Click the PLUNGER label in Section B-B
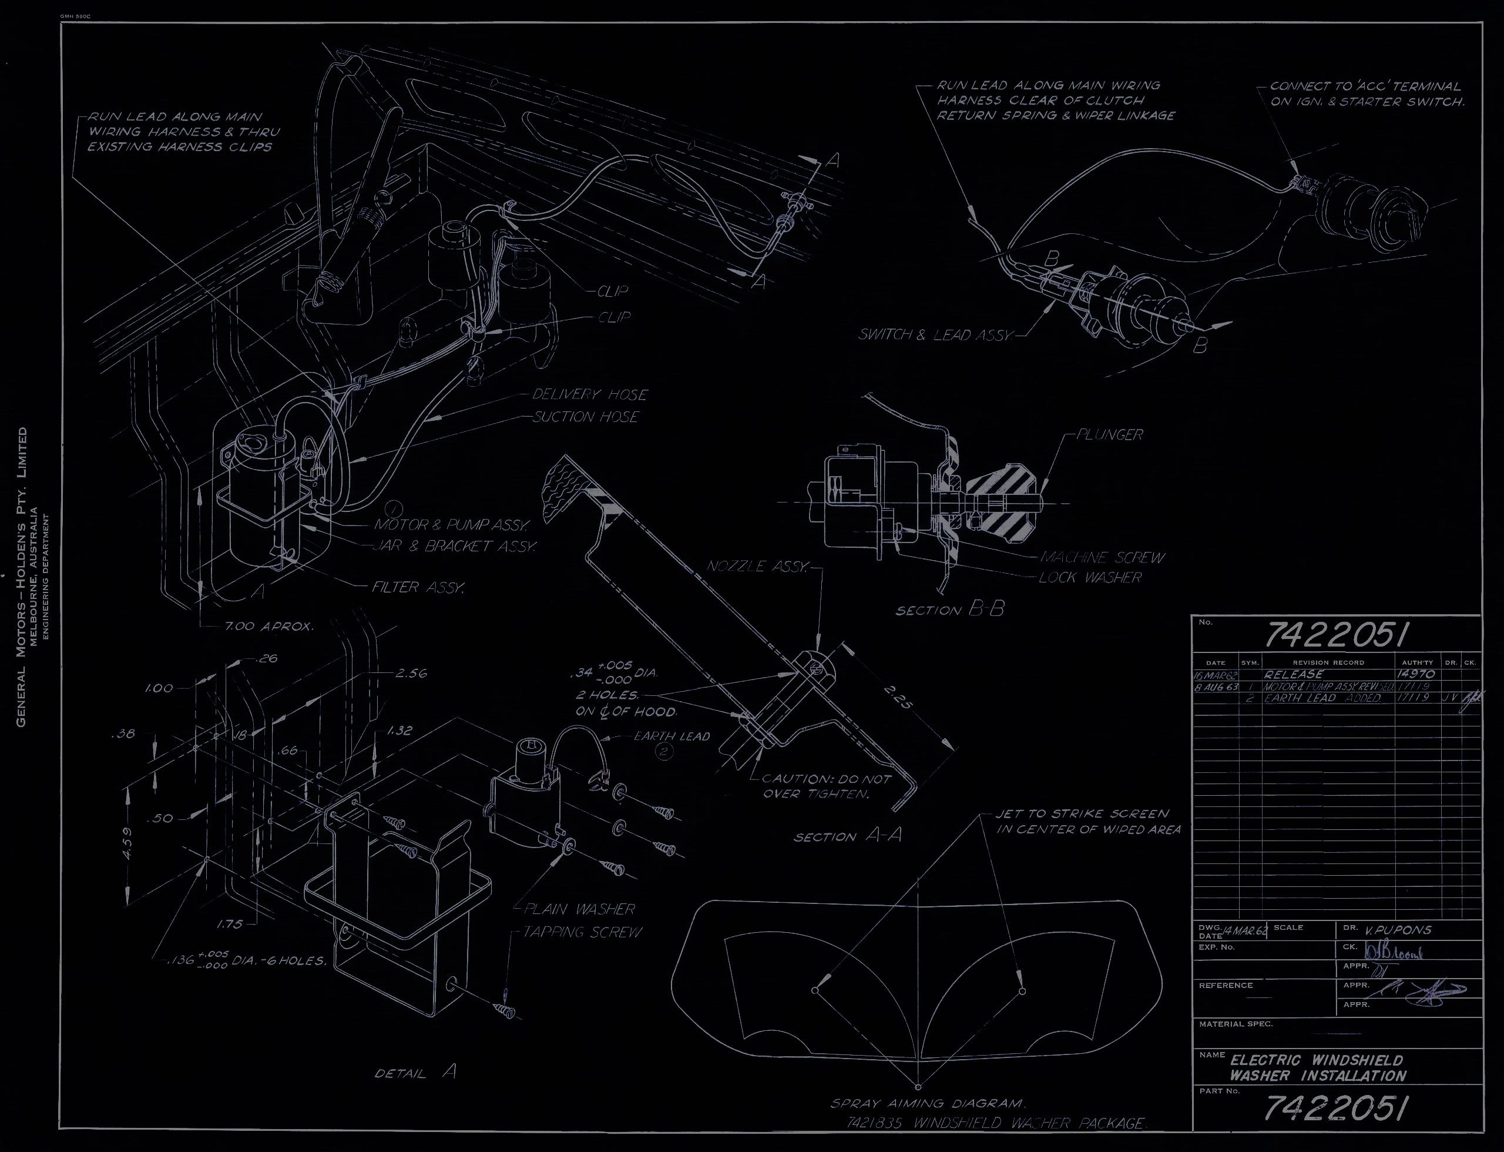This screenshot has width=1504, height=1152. point(1109,435)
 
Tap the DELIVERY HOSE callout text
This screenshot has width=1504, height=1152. point(589,394)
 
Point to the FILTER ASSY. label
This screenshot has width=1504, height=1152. point(418,588)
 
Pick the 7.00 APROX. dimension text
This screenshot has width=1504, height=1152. point(268,627)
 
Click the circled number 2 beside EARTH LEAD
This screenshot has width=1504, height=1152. point(665,752)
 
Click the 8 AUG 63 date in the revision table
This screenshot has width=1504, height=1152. point(1217,686)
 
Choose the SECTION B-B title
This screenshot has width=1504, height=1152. point(949,610)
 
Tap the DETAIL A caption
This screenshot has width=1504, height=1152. point(415,1073)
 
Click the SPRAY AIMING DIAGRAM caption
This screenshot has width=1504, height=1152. point(928,1104)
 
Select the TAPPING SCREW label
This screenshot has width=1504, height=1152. point(583,932)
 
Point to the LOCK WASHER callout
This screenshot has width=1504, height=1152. point(1089,577)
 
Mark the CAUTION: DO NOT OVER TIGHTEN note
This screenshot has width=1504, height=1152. point(826,786)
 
